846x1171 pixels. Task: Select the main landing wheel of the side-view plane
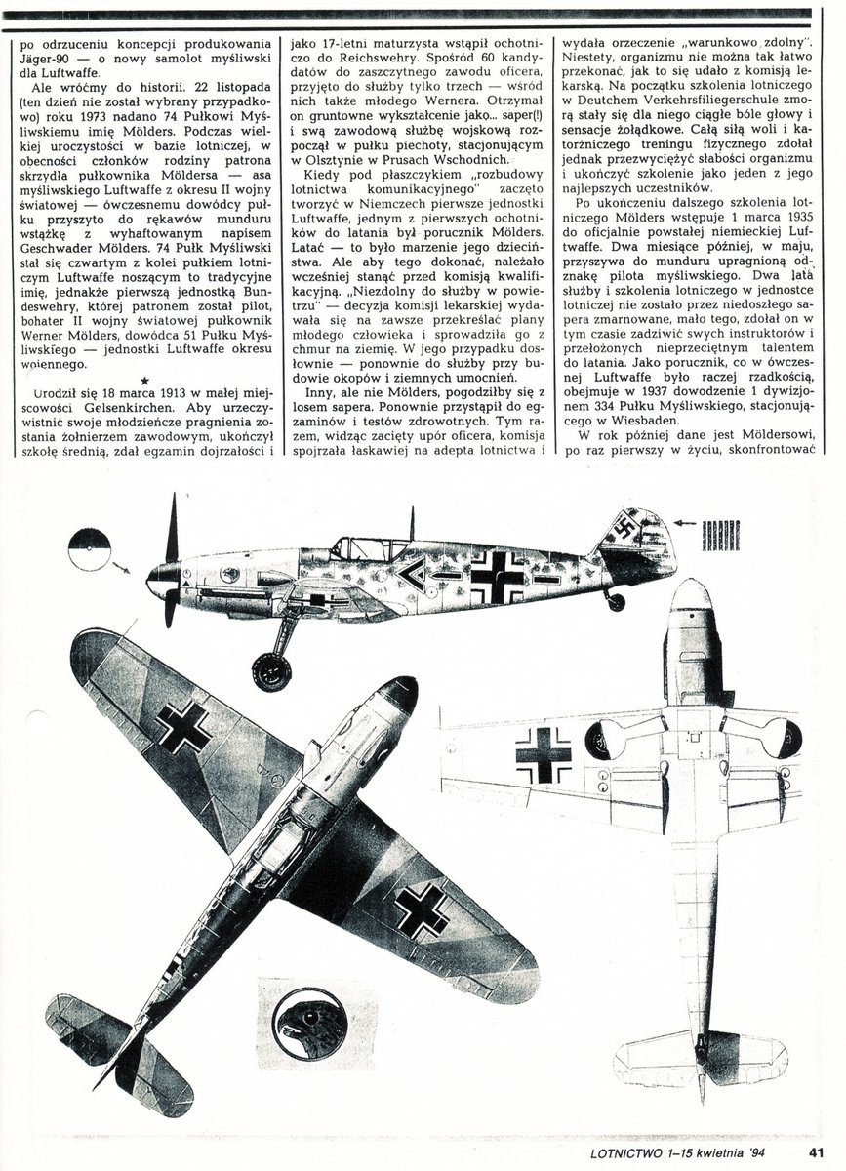271,670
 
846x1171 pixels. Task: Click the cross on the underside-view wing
543,754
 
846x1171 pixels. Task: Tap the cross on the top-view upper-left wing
183,726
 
